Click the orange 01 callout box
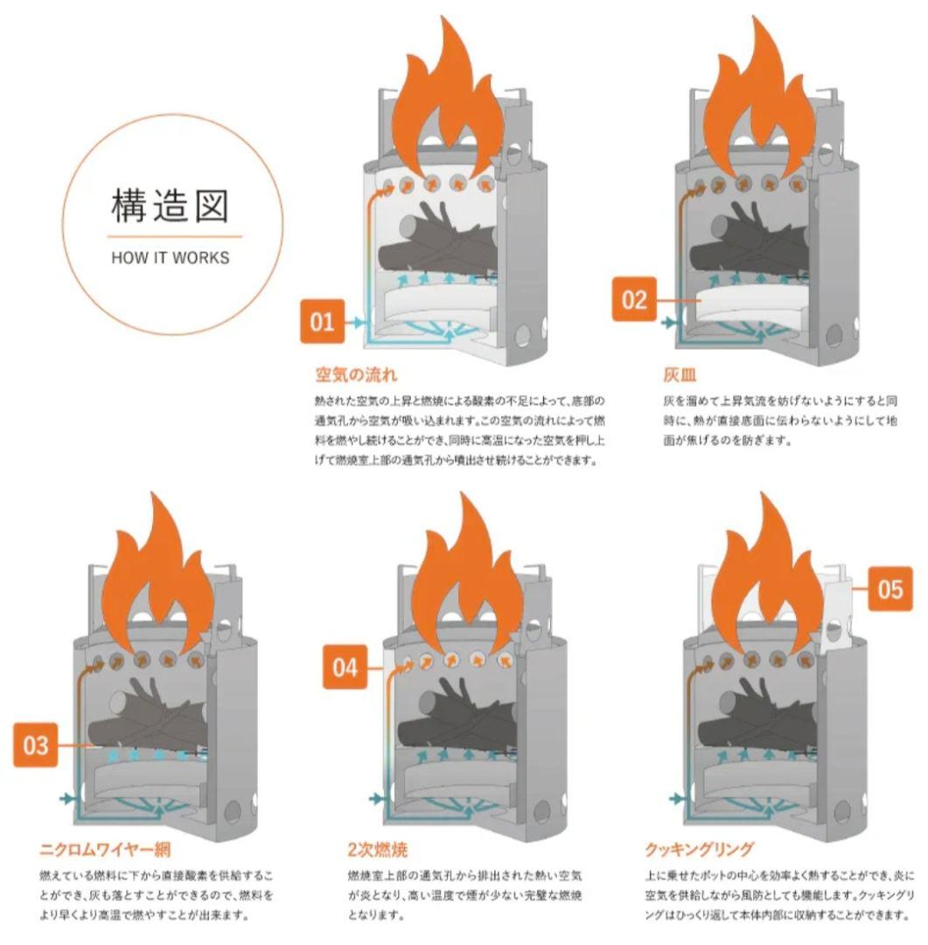coord(322,323)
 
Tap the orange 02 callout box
coord(633,300)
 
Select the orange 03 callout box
coord(37,746)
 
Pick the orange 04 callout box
coord(345,668)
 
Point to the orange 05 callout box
coord(890,589)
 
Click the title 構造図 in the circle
coord(171,206)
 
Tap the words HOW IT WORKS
coord(171,258)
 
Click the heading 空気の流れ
coord(356,375)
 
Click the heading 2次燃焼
coord(377,850)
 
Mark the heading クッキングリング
coord(698,850)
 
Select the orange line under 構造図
coord(174,236)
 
